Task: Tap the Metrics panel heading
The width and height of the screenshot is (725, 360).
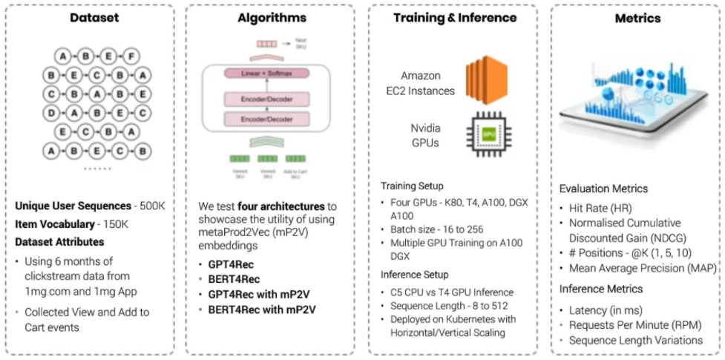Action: point(637,19)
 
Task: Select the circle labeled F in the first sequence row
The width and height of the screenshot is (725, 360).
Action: point(131,56)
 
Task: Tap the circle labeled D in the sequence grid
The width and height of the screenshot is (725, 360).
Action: point(51,114)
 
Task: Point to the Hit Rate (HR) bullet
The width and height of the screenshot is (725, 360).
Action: point(600,209)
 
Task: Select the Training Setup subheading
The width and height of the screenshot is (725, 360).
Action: point(413,186)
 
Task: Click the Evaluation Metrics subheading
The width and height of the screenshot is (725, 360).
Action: point(603,189)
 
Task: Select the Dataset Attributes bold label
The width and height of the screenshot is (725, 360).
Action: point(59,241)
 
